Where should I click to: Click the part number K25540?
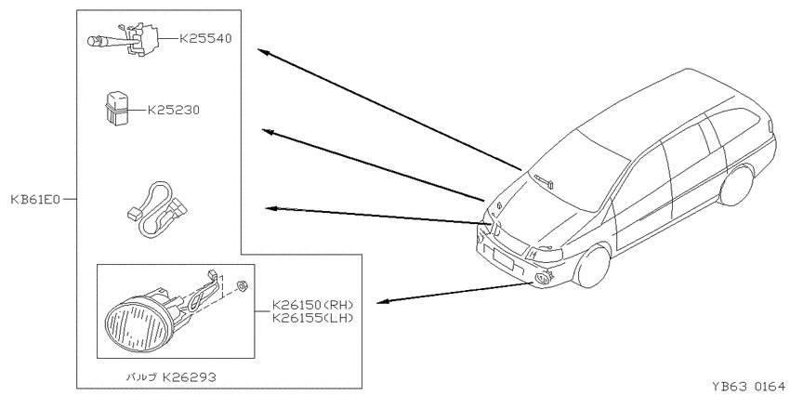[x=205, y=38]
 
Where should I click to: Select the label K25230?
[x=173, y=110]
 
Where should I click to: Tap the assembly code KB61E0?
[x=35, y=200]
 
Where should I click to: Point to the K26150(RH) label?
[x=313, y=305]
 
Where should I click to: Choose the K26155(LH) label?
[x=313, y=318]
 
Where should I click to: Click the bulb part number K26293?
[x=189, y=376]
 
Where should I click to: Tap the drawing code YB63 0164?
[x=748, y=387]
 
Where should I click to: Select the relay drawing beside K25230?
[x=116, y=107]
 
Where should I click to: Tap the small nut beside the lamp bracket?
[x=242, y=286]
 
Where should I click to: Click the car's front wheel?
[x=594, y=267]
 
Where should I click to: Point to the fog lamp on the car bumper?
[x=543, y=278]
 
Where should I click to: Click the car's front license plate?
[x=503, y=259]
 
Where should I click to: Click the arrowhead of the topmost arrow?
[x=264, y=52]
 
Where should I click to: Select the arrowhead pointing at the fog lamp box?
[x=383, y=301]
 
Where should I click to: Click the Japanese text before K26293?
[x=141, y=376]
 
